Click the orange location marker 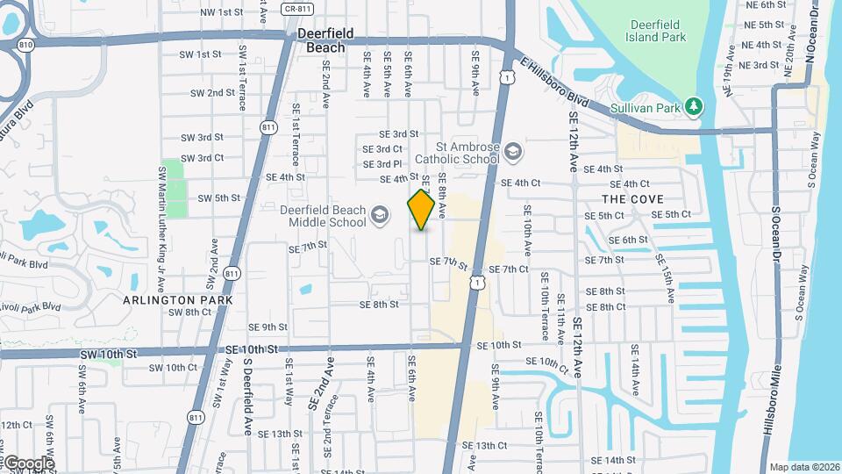click(422, 210)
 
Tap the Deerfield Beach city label click(325, 40)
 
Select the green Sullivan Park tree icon click(695, 106)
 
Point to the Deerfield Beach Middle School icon click(379, 215)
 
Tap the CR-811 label click(296, 9)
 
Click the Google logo click(28, 463)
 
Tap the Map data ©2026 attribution click(803, 467)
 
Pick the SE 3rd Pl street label click(382, 164)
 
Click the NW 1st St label click(221, 12)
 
